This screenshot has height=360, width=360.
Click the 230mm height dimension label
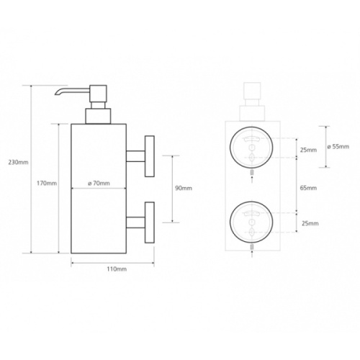[x=18, y=162]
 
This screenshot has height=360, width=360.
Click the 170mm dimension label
[x=47, y=184]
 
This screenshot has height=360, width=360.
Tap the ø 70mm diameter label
[x=99, y=184]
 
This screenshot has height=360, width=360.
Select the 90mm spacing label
[x=184, y=188]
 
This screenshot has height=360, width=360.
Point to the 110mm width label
[x=117, y=269]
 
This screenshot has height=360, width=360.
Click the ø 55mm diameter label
[x=338, y=146]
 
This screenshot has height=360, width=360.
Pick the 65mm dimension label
[x=308, y=188]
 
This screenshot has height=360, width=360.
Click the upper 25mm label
[x=308, y=150]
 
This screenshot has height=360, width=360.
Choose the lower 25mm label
[x=310, y=223]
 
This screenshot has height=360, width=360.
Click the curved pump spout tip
[x=57, y=94]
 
